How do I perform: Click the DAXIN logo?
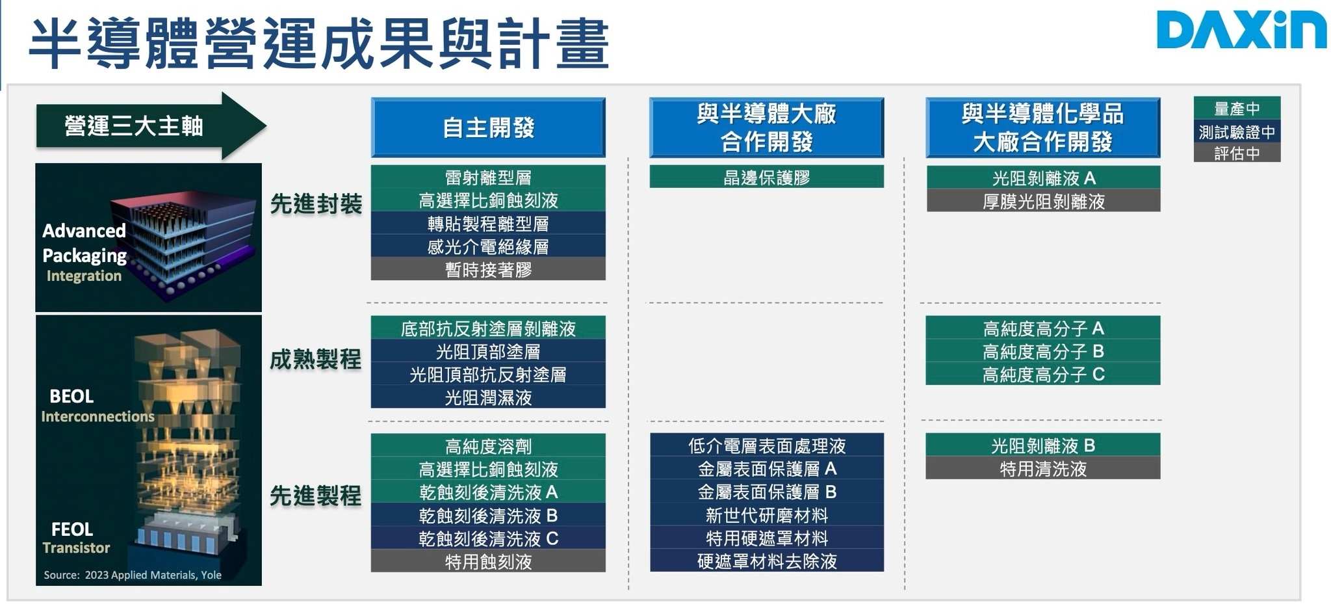click(x=1241, y=31)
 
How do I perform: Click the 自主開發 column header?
click(x=488, y=127)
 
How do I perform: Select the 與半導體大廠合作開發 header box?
click(x=767, y=127)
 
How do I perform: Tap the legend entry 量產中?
click(x=1237, y=108)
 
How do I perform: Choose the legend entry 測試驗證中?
click(x=1237, y=131)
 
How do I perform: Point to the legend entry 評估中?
click(x=1237, y=153)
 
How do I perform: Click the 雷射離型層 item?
click(x=488, y=177)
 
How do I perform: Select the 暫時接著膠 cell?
click(x=488, y=269)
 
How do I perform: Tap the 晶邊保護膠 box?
click(x=767, y=177)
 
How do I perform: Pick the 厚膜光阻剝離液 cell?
click(x=1043, y=201)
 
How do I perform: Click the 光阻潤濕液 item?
click(x=488, y=397)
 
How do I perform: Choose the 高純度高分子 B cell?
click(x=1043, y=351)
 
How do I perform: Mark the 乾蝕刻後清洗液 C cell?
click(x=488, y=538)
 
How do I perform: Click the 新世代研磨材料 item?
click(x=767, y=515)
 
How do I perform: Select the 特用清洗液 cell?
click(x=1043, y=468)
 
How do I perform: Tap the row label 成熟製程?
click(x=316, y=359)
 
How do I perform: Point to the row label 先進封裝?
click(x=316, y=204)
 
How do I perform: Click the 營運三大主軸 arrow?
click(x=151, y=126)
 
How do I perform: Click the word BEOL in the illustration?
click(x=71, y=396)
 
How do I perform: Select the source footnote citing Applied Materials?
click(x=133, y=575)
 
